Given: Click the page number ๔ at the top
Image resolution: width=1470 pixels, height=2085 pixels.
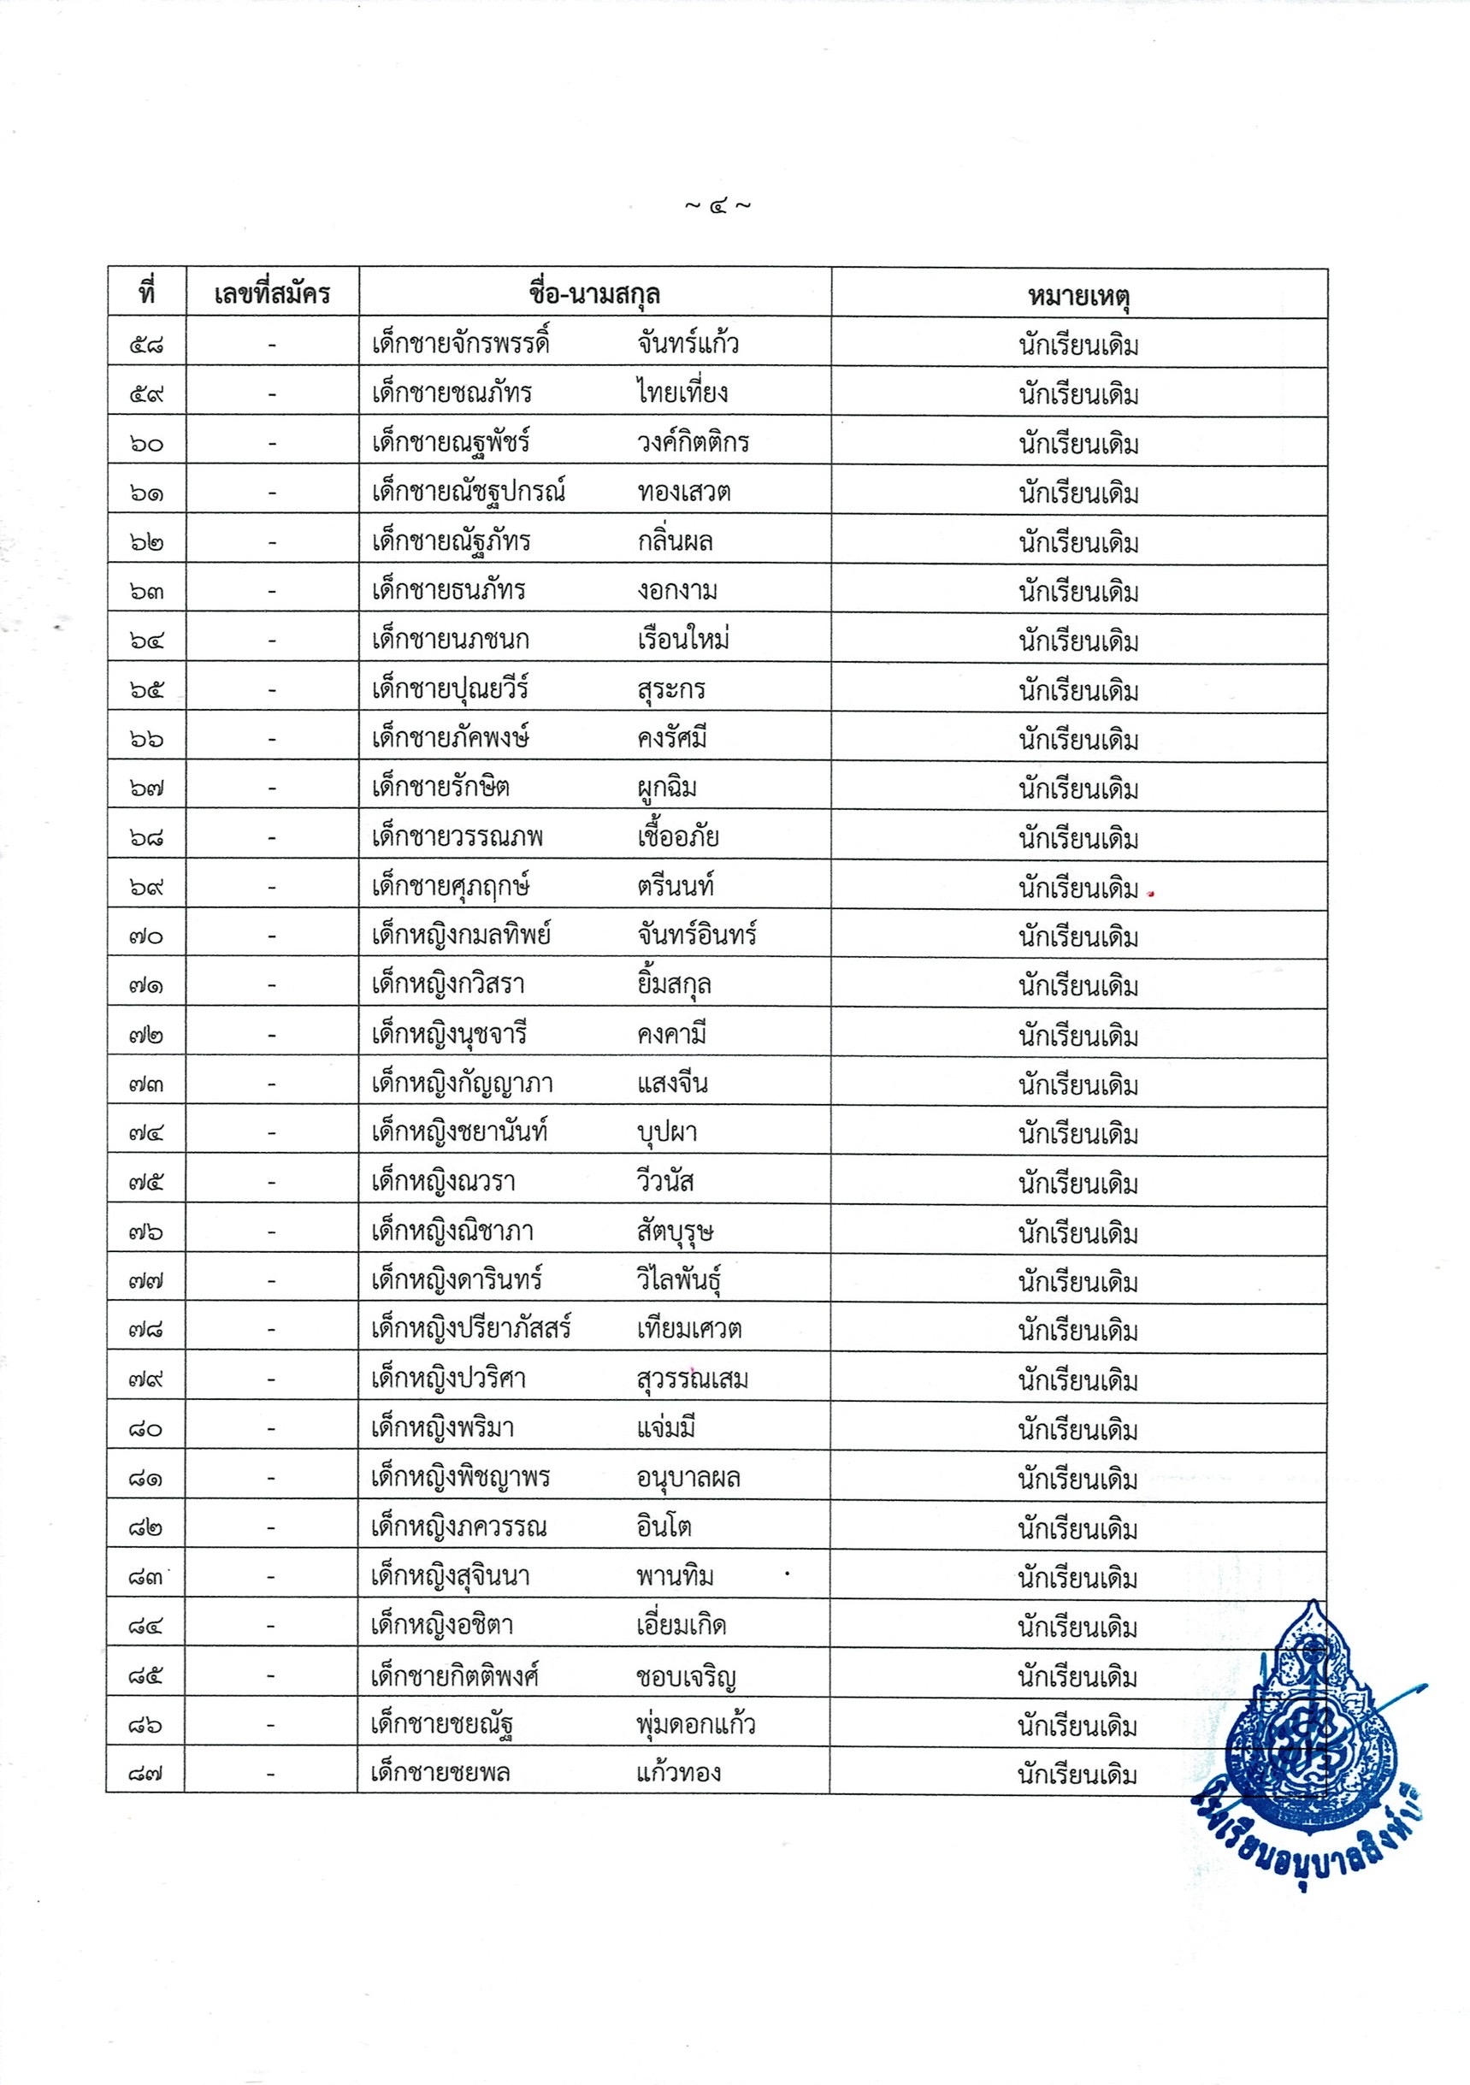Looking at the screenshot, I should (x=717, y=206).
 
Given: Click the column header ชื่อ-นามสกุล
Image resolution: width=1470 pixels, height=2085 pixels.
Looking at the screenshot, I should (x=593, y=294).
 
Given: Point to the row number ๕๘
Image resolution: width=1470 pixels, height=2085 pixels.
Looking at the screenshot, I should (x=146, y=346).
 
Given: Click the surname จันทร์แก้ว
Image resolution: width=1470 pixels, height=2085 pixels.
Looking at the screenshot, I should (x=688, y=343).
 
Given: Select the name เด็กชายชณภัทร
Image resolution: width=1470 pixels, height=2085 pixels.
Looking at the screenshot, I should (x=452, y=393).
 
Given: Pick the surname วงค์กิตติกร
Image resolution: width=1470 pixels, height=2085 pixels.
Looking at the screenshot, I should (x=693, y=442).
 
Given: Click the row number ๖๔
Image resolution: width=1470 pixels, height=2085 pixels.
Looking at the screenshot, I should (x=146, y=641).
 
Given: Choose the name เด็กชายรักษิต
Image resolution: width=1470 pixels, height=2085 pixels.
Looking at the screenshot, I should (x=440, y=787).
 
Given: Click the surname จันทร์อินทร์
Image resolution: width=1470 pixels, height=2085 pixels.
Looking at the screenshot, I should (x=696, y=935).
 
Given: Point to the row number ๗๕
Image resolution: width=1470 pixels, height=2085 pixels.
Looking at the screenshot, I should (x=146, y=1183).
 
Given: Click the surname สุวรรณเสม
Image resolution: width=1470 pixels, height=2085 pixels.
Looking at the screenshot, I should (x=692, y=1379).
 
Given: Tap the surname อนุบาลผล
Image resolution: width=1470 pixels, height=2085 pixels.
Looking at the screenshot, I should (x=688, y=1478).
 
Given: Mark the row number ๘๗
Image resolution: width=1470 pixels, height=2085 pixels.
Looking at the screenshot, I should (x=146, y=1774).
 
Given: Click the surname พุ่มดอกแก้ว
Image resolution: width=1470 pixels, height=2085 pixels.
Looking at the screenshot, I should (x=695, y=1722).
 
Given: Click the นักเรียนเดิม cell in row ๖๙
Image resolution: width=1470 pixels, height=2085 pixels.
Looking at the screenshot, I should (x=1077, y=887).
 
